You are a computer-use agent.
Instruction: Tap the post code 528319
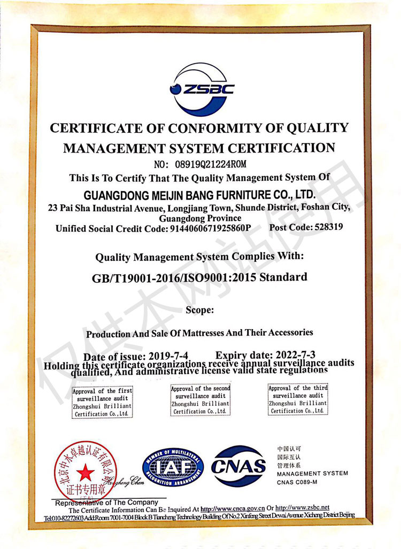pos(321,227)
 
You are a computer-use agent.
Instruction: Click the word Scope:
pos(200,309)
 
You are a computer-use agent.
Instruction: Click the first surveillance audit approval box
pos(102,402)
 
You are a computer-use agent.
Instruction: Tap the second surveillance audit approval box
pos(200,400)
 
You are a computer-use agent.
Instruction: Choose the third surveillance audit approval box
pos(298,400)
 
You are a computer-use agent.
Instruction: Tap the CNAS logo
pos(238,467)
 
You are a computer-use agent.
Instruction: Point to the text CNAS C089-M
pos(297,482)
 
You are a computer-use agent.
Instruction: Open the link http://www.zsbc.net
pos(302,507)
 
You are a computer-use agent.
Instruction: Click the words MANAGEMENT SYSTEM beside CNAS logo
pos(312,473)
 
